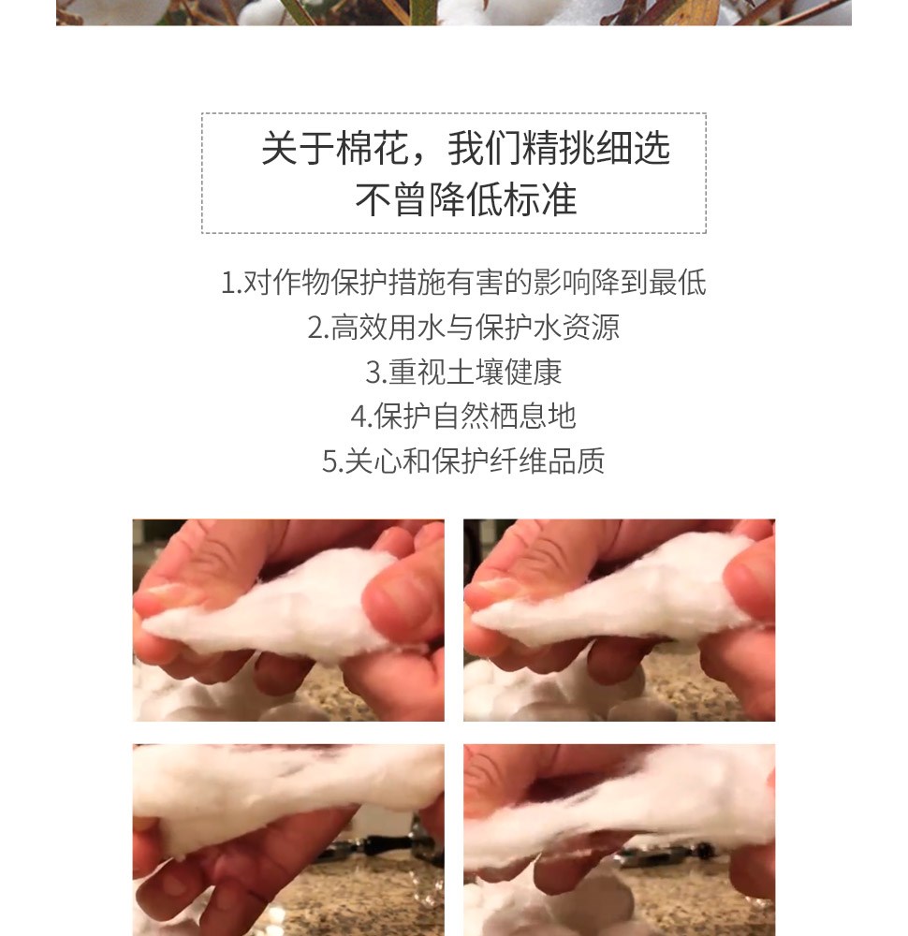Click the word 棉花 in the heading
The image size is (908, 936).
pyautogui.click(x=372, y=148)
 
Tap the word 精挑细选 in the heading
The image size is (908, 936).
pyautogui.click(x=595, y=148)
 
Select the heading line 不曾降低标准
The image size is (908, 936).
pyautogui.click(x=465, y=199)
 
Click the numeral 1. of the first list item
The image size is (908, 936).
pyautogui.click(x=231, y=283)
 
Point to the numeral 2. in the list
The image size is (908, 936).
pyautogui.click(x=318, y=327)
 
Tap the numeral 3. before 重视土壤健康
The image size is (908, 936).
pyautogui.click(x=376, y=372)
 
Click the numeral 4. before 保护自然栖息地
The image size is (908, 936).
pyautogui.click(x=361, y=417)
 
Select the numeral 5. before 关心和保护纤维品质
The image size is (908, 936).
pyautogui.click(x=332, y=461)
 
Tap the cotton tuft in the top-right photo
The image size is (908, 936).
pyautogui.click(x=615, y=603)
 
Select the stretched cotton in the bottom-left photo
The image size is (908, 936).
pyautogui.click(x=281, y=788)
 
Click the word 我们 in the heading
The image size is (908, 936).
pyautogui.click(x=484, y=148)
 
